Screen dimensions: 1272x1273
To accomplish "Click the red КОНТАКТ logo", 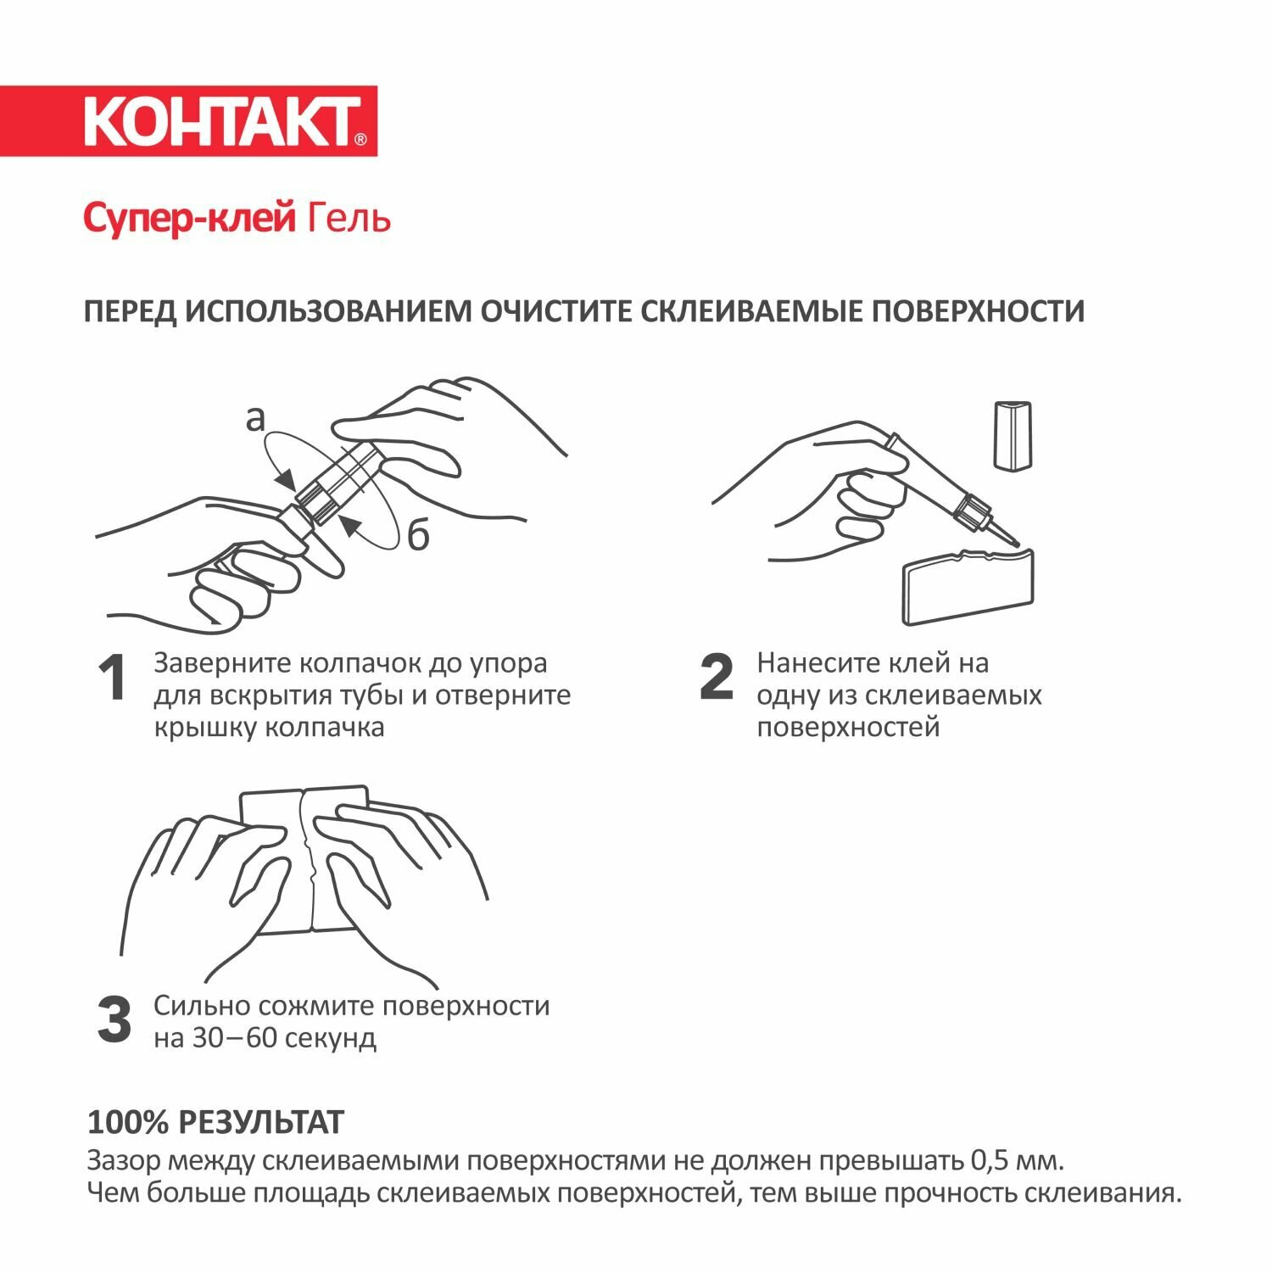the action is point(188,120).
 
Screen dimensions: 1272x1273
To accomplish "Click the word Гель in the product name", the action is point(348,218).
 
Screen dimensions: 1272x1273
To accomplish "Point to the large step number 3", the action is point(114,1019).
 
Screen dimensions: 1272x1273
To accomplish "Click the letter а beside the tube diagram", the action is point(255,418).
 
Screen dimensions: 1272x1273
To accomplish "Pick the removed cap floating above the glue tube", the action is point(1013,436).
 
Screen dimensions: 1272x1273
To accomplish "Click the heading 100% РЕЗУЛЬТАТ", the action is point(215,1122).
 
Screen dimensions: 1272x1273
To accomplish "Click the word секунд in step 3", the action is point(331,1037).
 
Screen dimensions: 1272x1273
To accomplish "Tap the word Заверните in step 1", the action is point(216,663).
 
